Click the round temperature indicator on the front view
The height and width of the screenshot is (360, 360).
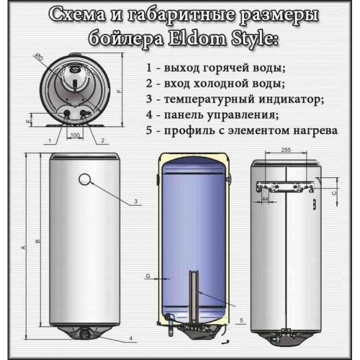85,179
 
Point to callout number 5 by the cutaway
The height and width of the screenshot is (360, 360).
241,318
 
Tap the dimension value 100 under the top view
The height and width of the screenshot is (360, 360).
76,135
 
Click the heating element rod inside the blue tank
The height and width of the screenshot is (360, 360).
193,295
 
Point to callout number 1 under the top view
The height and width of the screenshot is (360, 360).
49,140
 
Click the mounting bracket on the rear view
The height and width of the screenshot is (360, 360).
285,185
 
